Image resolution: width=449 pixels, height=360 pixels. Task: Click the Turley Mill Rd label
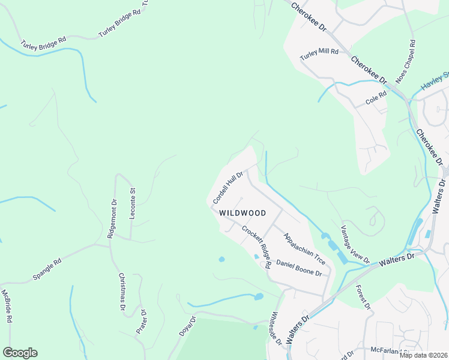click(319, 53)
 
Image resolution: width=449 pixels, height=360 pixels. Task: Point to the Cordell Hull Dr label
click(227, 187)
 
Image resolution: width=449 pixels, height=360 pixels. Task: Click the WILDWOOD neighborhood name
click(242, 213)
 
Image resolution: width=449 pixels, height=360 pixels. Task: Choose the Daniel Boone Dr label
click(299, 268)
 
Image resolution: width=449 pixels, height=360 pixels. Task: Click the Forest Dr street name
click(362, 297)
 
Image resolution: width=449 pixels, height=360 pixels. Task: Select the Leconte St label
click(133, 203)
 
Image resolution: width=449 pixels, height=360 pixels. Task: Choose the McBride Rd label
click(7, 306)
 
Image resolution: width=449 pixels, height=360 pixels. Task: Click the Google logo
click(20, 353)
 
